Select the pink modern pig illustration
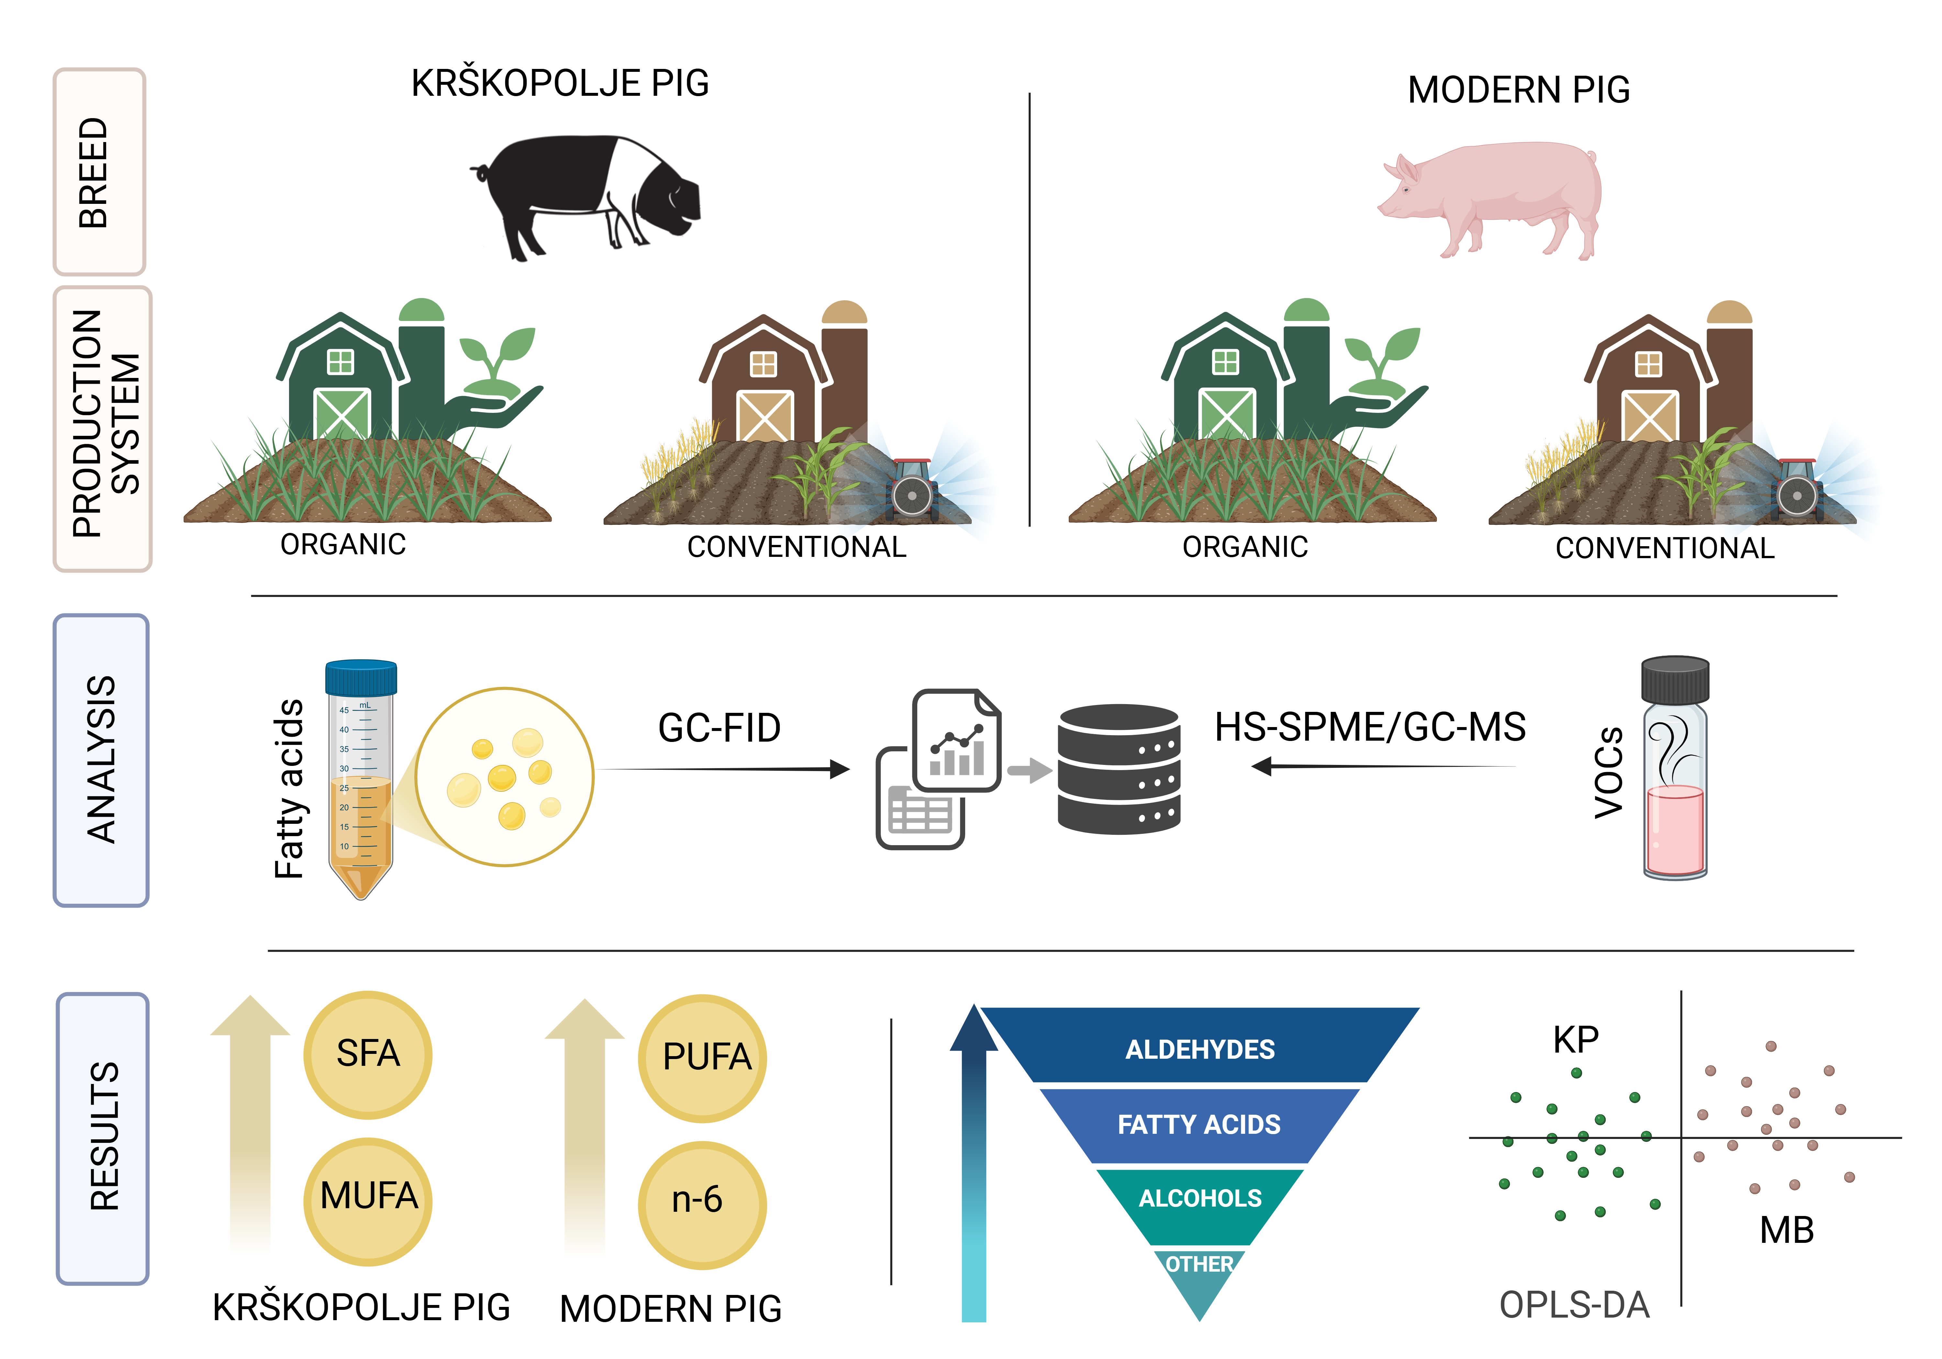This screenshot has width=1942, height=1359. coord(1493,199)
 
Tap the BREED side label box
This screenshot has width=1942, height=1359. coord(99,172)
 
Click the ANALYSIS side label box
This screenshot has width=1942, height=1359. coord(101,759)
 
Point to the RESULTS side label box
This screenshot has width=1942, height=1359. coord(102,1137)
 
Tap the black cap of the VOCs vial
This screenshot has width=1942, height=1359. coord(1675,679)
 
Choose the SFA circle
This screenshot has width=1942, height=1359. coord(368,1054)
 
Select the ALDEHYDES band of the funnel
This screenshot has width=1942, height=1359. coord(1200,1049)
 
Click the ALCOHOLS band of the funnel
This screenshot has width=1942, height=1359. coord(1200,1198)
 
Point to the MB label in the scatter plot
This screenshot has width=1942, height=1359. coord(1786,1230)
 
